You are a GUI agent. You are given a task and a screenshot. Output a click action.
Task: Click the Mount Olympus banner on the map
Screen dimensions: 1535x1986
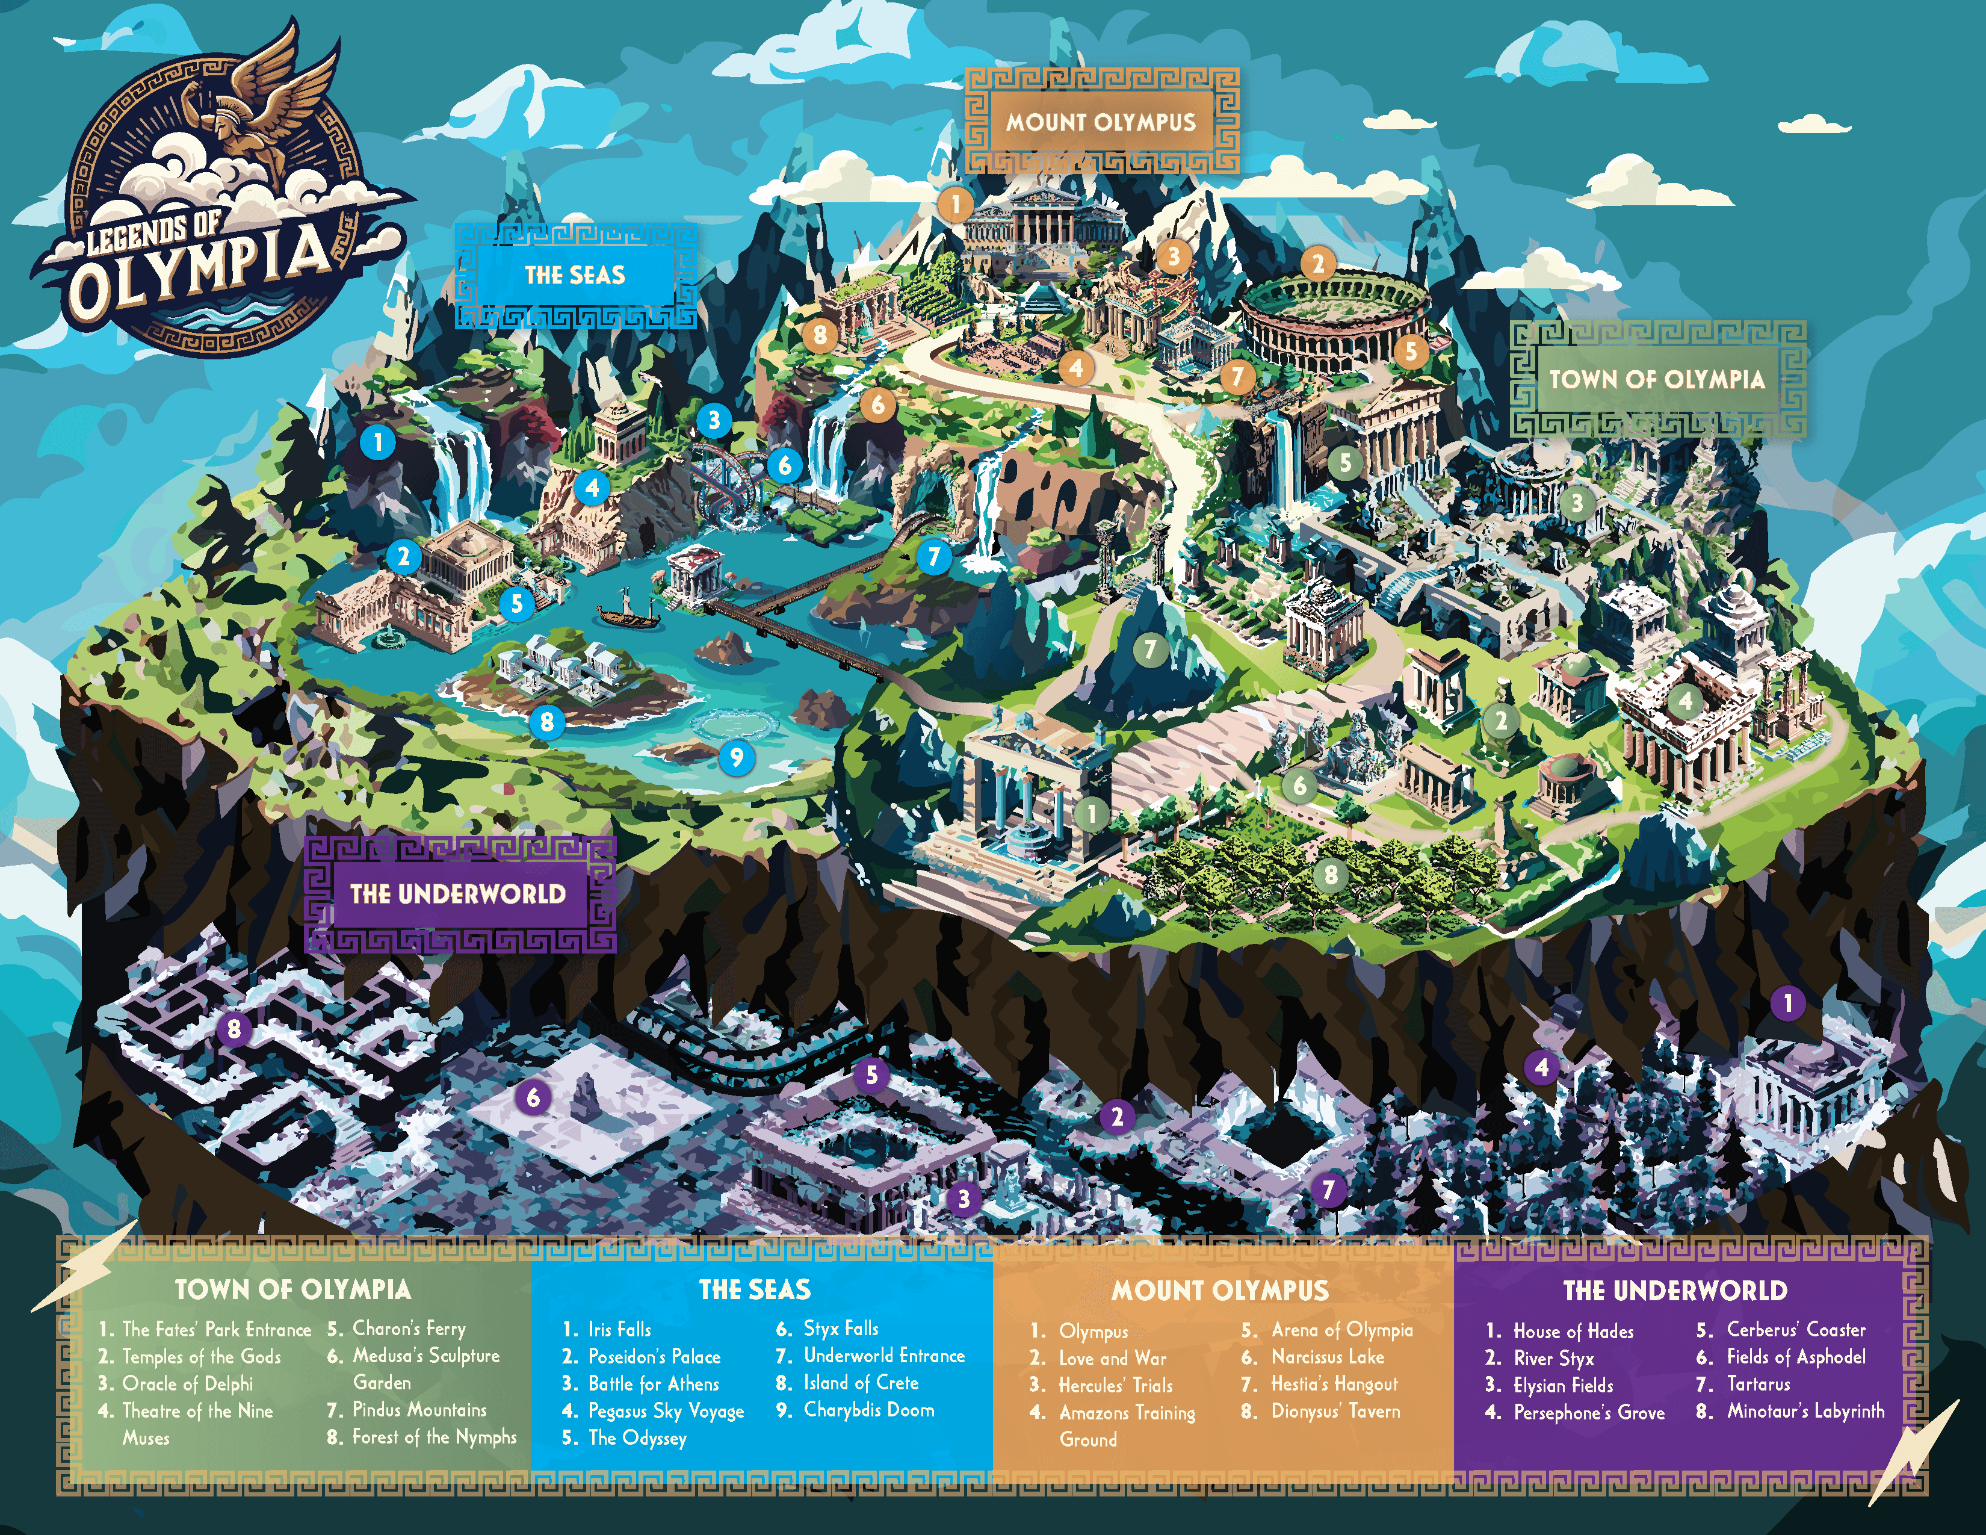point(1100,121)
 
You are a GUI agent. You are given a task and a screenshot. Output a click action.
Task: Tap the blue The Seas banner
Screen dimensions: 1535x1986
point(575,274)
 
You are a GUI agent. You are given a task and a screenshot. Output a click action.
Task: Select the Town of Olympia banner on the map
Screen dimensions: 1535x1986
point(1657,379)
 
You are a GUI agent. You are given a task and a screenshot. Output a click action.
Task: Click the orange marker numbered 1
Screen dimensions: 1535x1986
point(955,203)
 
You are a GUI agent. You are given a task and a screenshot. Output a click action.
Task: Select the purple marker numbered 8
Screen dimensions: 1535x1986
point(235,1029)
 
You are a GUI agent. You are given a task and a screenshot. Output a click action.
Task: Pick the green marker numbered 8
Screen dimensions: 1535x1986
point(1331,875)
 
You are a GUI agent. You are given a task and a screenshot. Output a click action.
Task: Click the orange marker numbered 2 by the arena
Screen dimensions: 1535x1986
point(1317,265)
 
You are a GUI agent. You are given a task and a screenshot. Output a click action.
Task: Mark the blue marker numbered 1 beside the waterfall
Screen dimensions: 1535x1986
point(379,443)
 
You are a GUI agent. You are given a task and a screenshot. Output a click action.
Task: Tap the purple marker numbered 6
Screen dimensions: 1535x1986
point(534,1097)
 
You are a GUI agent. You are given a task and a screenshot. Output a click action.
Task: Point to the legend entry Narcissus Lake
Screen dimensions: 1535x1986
point(1327,1357)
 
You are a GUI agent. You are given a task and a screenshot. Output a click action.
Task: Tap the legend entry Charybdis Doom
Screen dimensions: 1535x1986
point(868,1410)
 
